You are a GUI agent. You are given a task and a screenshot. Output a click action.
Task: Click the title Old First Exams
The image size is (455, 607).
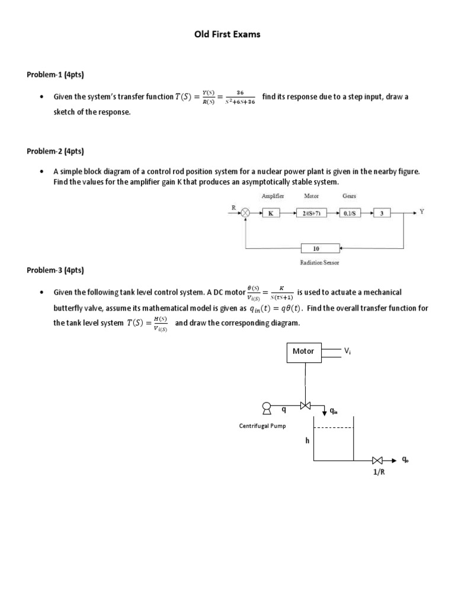(x=227, y=34)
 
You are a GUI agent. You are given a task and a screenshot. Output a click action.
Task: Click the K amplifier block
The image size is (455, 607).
(x=270, y=213)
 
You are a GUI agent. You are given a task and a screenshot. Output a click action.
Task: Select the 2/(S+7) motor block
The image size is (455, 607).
(x=312, y=213)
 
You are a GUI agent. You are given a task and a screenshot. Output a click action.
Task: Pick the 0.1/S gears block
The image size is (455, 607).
(x=349, y=213)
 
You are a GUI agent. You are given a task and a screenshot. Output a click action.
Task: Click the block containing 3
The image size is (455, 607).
(x=382, y=213)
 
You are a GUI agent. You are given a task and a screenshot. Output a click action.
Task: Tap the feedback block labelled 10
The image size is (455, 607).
(x=321, y=248)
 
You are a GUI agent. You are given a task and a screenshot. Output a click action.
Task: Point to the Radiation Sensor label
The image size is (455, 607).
(x=321, y=263)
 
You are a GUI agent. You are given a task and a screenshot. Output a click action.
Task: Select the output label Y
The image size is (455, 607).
(x=422, y=212)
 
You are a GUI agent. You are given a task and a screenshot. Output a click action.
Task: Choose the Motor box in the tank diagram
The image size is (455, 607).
(x=305, y=352)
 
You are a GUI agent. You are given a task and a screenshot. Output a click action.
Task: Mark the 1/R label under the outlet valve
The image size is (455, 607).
(x=379, y=473)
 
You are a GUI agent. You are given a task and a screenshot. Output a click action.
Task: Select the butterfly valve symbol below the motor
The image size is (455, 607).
(x=306, y=406)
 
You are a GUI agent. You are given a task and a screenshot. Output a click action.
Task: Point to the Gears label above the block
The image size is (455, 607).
(x=349, y=196)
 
